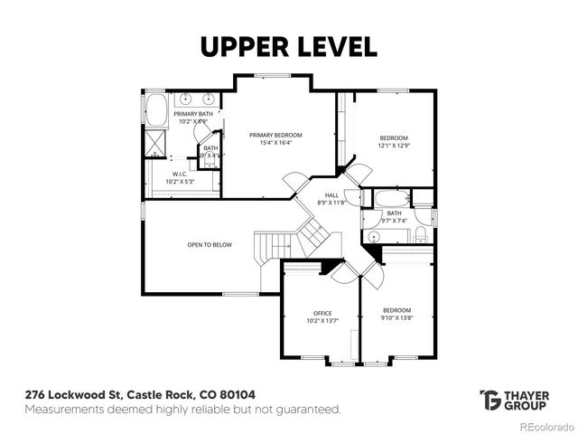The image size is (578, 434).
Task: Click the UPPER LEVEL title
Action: coord(288,47)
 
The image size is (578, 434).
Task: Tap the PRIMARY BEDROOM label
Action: coord(275,135)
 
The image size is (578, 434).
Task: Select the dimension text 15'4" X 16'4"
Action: coord(275,143)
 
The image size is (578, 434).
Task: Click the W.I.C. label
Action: coord(179,174)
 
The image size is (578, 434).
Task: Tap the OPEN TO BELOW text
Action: coord(210,244)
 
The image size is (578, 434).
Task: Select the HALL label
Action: coord(332,194)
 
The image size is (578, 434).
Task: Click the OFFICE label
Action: coord(323,313)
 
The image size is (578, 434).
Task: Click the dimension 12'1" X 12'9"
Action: coord(394,145)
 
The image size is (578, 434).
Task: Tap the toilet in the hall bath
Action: coord(421,234)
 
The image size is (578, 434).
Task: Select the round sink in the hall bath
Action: coord(374,236)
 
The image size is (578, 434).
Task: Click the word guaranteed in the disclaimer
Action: coord(308,410)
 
